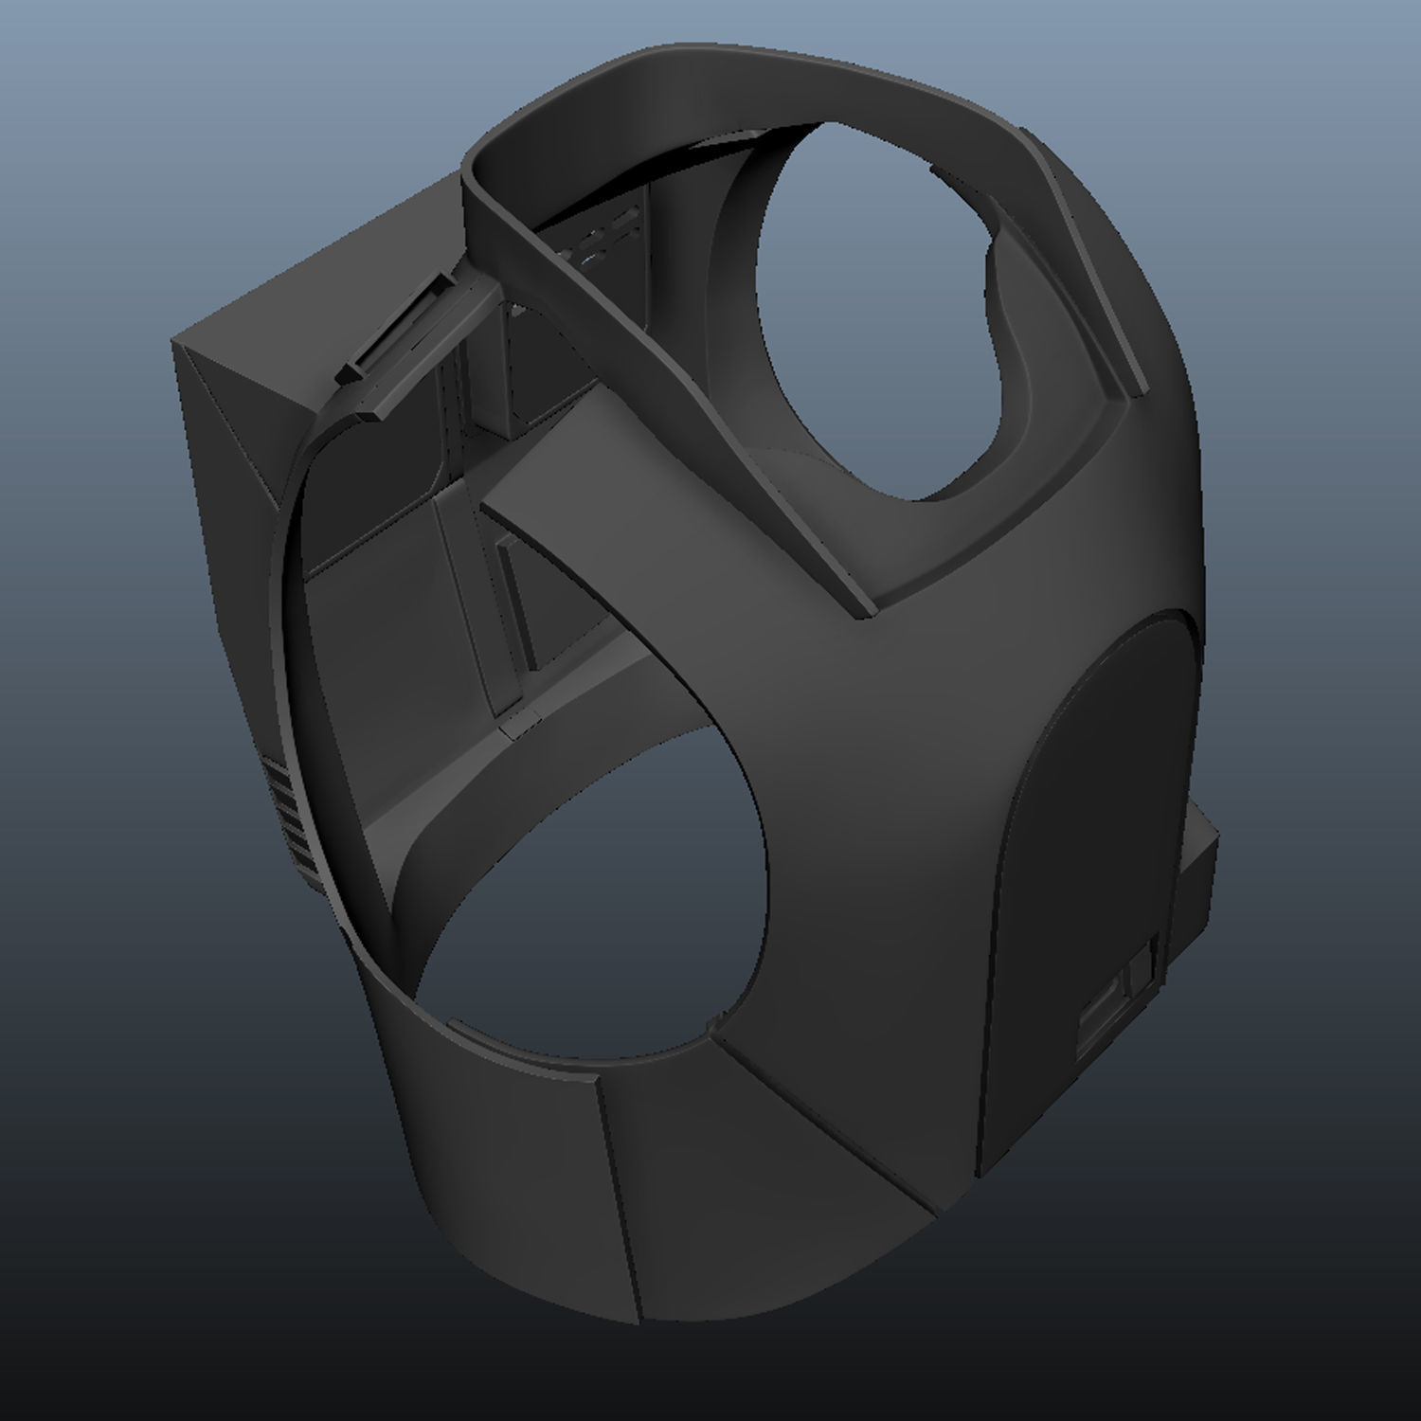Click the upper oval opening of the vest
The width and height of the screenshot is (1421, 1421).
tap(890, 313)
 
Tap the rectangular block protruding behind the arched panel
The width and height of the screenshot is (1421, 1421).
tap(1198, 872)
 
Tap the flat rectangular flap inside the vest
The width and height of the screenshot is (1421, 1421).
tap(379, 644)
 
